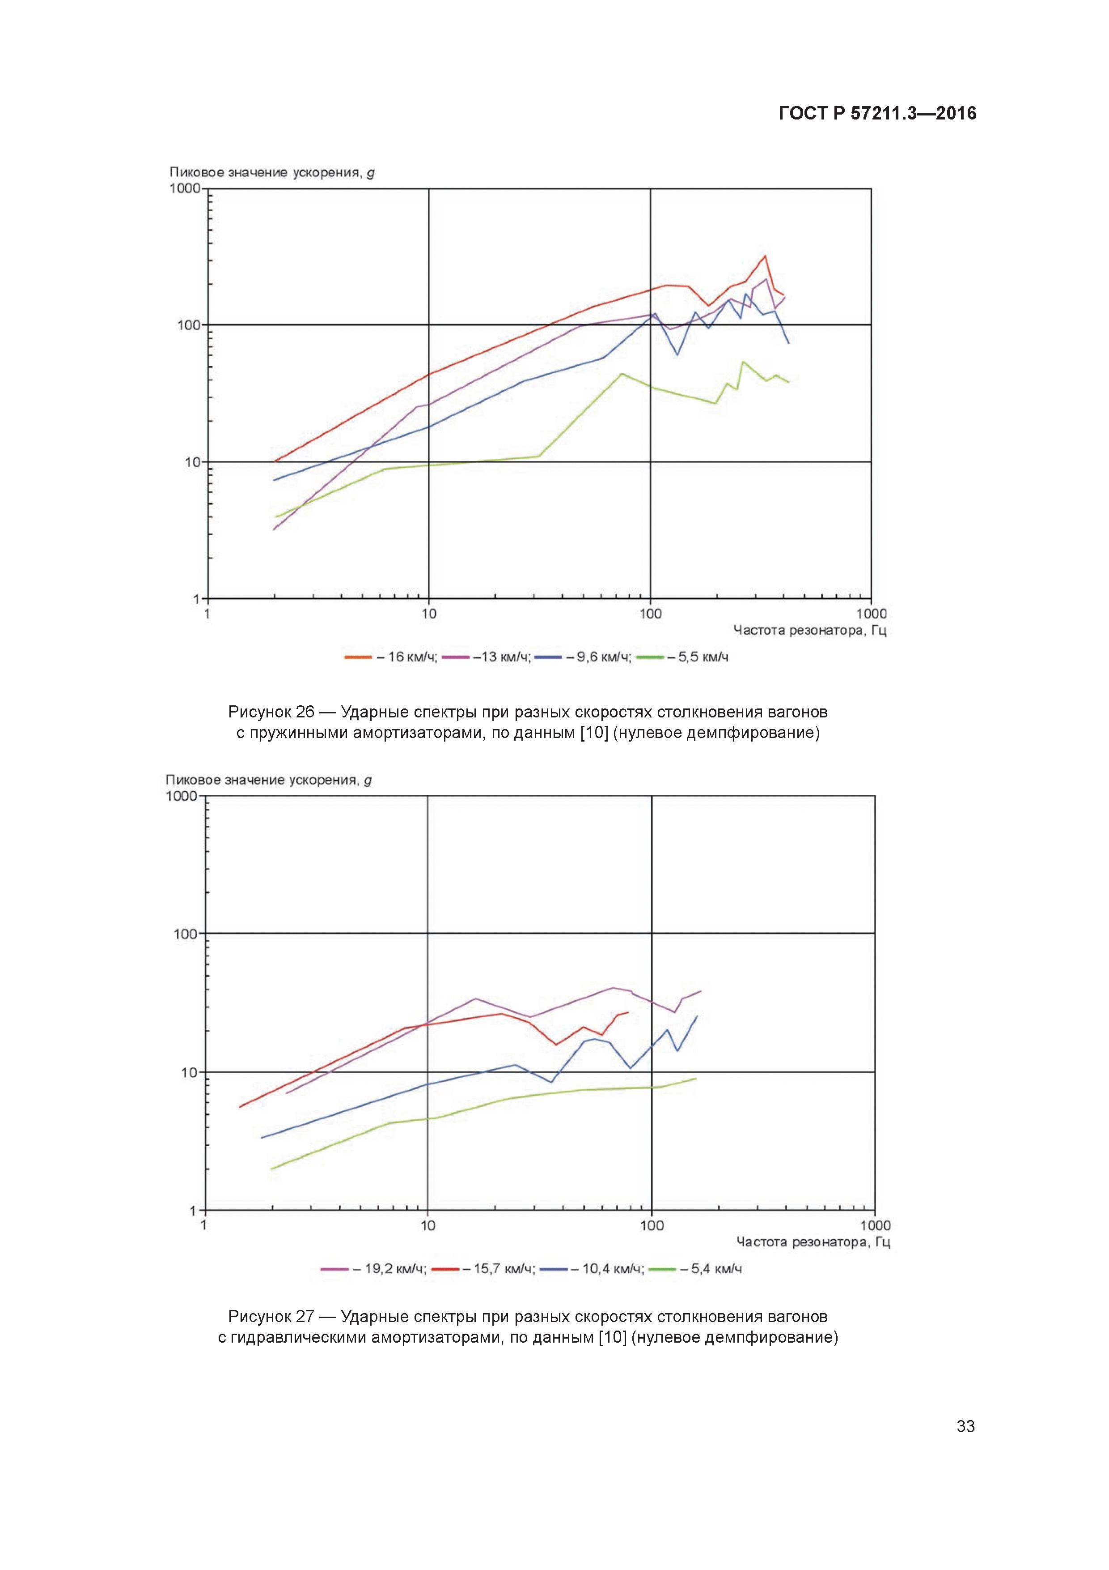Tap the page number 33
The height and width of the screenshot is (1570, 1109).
(x=965, y=1426)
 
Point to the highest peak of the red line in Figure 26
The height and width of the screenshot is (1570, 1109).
(x=765, y=256)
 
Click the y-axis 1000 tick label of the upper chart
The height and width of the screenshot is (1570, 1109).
(x=185, y=189)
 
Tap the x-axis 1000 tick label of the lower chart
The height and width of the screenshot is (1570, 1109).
(x=875, y=1225)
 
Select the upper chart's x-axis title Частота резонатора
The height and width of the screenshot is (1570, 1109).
(x=810, y=631)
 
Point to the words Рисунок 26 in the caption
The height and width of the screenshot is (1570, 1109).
(x=271, y=712)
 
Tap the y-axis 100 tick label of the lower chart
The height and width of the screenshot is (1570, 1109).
(x=185, y=934)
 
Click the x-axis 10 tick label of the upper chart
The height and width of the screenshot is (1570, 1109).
(x=428, y=614)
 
